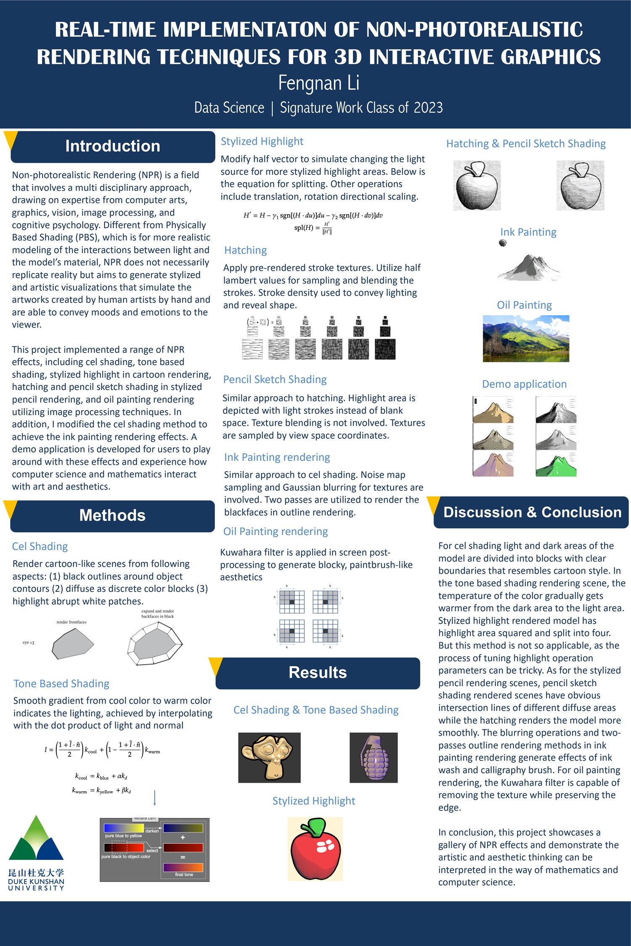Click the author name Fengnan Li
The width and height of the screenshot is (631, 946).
pos(318,83)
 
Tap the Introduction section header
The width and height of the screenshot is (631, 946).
pos(113,146)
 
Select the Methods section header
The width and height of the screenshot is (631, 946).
pos(112,516)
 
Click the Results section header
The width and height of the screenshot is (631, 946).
pos(318,673)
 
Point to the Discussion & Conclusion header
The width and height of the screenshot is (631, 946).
pos(532,512)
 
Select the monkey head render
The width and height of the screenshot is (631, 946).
pos(269,757)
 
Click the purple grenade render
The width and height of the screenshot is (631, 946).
pos(374,757)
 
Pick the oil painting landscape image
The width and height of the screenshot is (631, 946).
pos(526,339)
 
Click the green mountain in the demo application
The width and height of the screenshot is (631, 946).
pos(555,464)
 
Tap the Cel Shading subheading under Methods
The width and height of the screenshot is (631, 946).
pos(40,546)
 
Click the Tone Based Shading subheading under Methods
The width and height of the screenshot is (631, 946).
pos(61,684)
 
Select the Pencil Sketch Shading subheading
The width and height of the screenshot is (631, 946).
pos(275,379)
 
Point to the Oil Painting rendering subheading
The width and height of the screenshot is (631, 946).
pos(276,532)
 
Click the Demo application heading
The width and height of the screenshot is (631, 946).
pos(524,384)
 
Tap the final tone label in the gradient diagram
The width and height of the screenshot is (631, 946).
pos(184,874)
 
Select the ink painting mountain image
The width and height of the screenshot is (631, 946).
pos(529,267)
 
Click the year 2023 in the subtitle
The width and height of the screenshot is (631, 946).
pos(428,108)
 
